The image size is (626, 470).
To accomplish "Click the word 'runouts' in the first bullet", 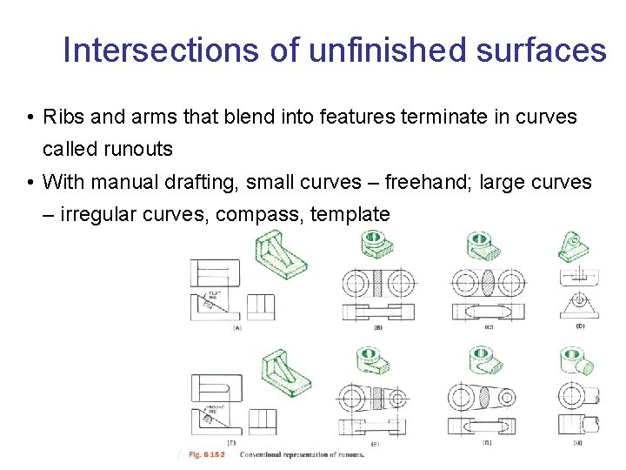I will [138, 150].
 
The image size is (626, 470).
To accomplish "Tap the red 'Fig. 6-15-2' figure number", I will [206, 454].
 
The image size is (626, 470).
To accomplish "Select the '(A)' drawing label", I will [236, 328].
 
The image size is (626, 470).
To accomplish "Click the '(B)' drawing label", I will [377, 328].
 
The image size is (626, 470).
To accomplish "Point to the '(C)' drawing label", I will [489, 327].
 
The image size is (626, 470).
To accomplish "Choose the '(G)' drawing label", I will [489, 443].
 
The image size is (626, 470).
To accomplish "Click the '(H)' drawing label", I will [579, 443].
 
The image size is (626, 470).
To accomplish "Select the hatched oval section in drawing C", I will [489, 284].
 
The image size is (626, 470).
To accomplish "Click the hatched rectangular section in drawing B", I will [377, 284].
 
